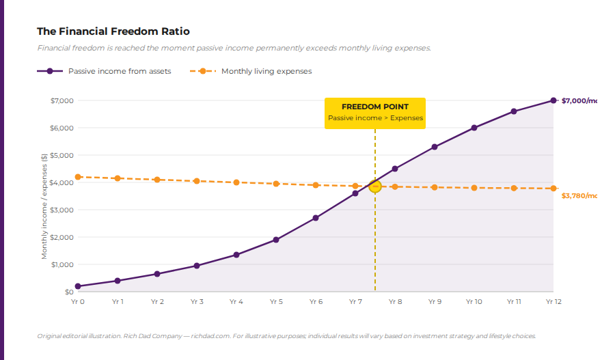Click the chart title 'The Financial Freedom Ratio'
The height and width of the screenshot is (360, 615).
[113, 31]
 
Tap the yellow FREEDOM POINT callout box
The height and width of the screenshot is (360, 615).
[374, 113]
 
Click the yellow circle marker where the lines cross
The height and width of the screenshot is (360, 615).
[374, 186]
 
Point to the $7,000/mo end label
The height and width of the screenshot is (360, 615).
[578, 100]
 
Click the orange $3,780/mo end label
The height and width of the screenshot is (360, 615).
[578, 196]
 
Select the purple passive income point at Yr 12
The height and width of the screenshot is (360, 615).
[553, 100]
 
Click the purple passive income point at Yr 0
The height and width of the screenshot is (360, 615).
[78, 286]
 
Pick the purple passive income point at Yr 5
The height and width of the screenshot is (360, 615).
[276, 240]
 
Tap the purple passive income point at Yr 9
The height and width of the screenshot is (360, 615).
[434, 147]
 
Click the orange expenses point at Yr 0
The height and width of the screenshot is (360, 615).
[78, 177]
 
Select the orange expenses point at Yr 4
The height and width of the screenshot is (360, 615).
[236, 182]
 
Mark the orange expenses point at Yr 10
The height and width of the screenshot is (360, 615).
[474, 188]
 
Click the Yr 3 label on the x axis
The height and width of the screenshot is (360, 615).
[197, 301]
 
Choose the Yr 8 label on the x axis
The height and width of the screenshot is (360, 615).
[395, 301]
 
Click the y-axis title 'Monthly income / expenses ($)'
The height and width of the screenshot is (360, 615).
[44, 205]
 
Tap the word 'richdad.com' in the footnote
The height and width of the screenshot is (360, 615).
[210, 336]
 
